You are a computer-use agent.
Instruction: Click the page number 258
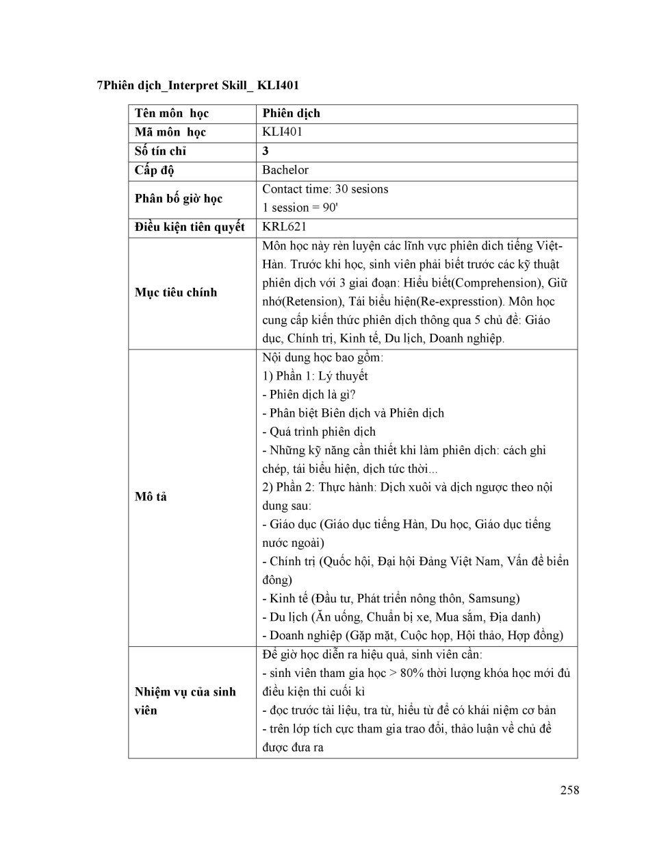point(569,790)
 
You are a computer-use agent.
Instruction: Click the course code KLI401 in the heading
point(278,86)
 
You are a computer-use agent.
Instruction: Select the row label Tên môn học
point(171,114)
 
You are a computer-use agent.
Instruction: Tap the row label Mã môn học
point(170,132)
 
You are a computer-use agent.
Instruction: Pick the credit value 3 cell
point(266,151)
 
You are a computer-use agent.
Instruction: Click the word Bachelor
point(285,170)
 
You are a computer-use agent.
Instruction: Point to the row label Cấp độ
point(154,170)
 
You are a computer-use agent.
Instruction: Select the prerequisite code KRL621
point(284,227)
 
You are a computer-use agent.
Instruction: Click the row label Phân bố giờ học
point(178,199)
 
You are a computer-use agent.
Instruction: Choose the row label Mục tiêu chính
point(175,293)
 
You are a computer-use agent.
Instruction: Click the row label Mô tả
point(151,497)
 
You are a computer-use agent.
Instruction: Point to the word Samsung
point(493,598)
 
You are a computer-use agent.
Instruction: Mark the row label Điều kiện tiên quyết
point(190,227)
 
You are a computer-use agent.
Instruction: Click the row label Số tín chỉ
point(160,151)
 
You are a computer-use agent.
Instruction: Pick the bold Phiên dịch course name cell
point(291,114)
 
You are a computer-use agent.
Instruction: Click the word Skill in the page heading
point(235,86)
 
